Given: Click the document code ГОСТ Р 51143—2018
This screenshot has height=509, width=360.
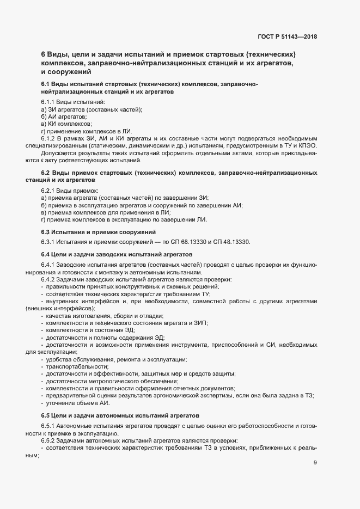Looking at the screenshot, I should [x=287, y=37].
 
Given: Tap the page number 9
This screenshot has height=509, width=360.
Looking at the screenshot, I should [x=315, y=463].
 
